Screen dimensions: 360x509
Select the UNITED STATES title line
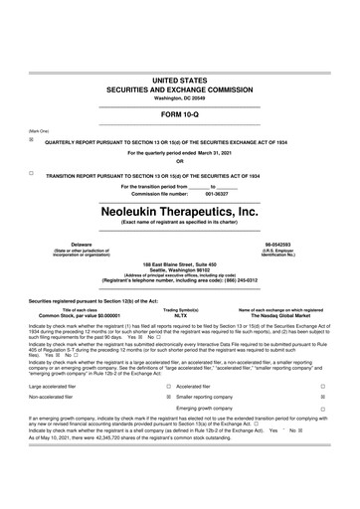(x=180, y=78)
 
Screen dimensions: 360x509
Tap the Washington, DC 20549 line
(x=180, y=97)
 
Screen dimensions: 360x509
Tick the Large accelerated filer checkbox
(x=168, y=412)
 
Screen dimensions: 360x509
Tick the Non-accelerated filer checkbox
(x=168, y=424)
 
